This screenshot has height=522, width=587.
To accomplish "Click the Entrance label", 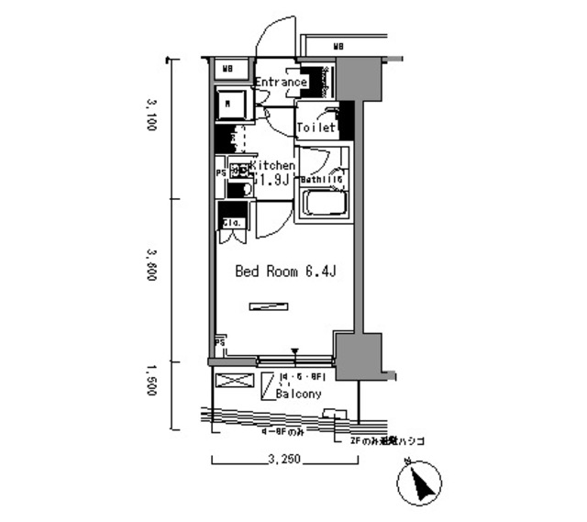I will (x=280, y=82).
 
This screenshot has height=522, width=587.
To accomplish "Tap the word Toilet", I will (x=315, y=128).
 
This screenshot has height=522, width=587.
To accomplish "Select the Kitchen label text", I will (x=271, y=165).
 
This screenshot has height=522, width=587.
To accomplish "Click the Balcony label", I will (x=297, y=394).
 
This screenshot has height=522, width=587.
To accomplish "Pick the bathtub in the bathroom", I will (x=322, y=203).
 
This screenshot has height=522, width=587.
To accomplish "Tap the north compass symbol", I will (x=421, y=482).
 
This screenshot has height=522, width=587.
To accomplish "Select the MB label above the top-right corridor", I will (x=338, y=45).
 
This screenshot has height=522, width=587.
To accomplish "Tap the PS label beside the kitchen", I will (x=220, y=172).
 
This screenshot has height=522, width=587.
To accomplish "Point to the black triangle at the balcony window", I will (x=295, y=351).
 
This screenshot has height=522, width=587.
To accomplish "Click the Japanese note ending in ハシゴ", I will (x=387, y=441).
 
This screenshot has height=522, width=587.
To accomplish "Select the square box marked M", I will (x=229, y=105).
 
